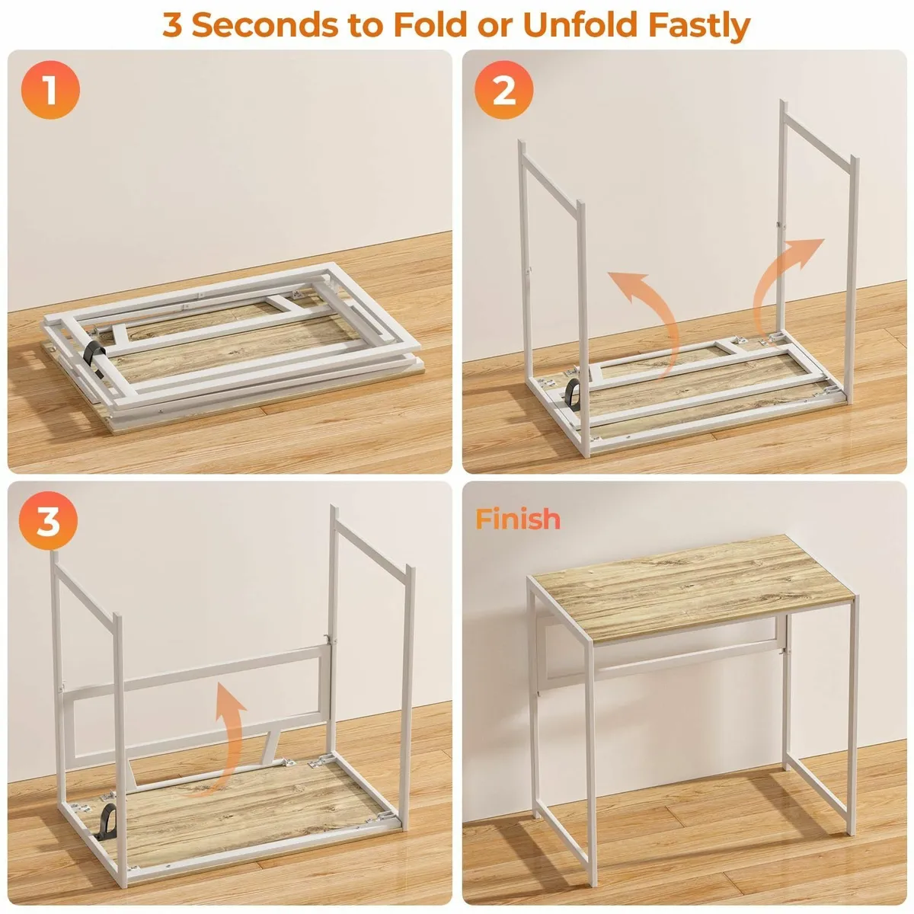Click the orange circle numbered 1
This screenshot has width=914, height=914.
click(50, 91)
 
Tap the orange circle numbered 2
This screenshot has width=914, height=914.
click(503, 91)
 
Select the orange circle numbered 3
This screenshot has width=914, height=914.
click(48, 523)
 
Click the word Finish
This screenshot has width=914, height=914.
click(518, 519)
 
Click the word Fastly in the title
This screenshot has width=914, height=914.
click(698, 25)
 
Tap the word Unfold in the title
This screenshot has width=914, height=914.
click(580, 25)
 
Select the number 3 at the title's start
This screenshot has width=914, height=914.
click(173, 25)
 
